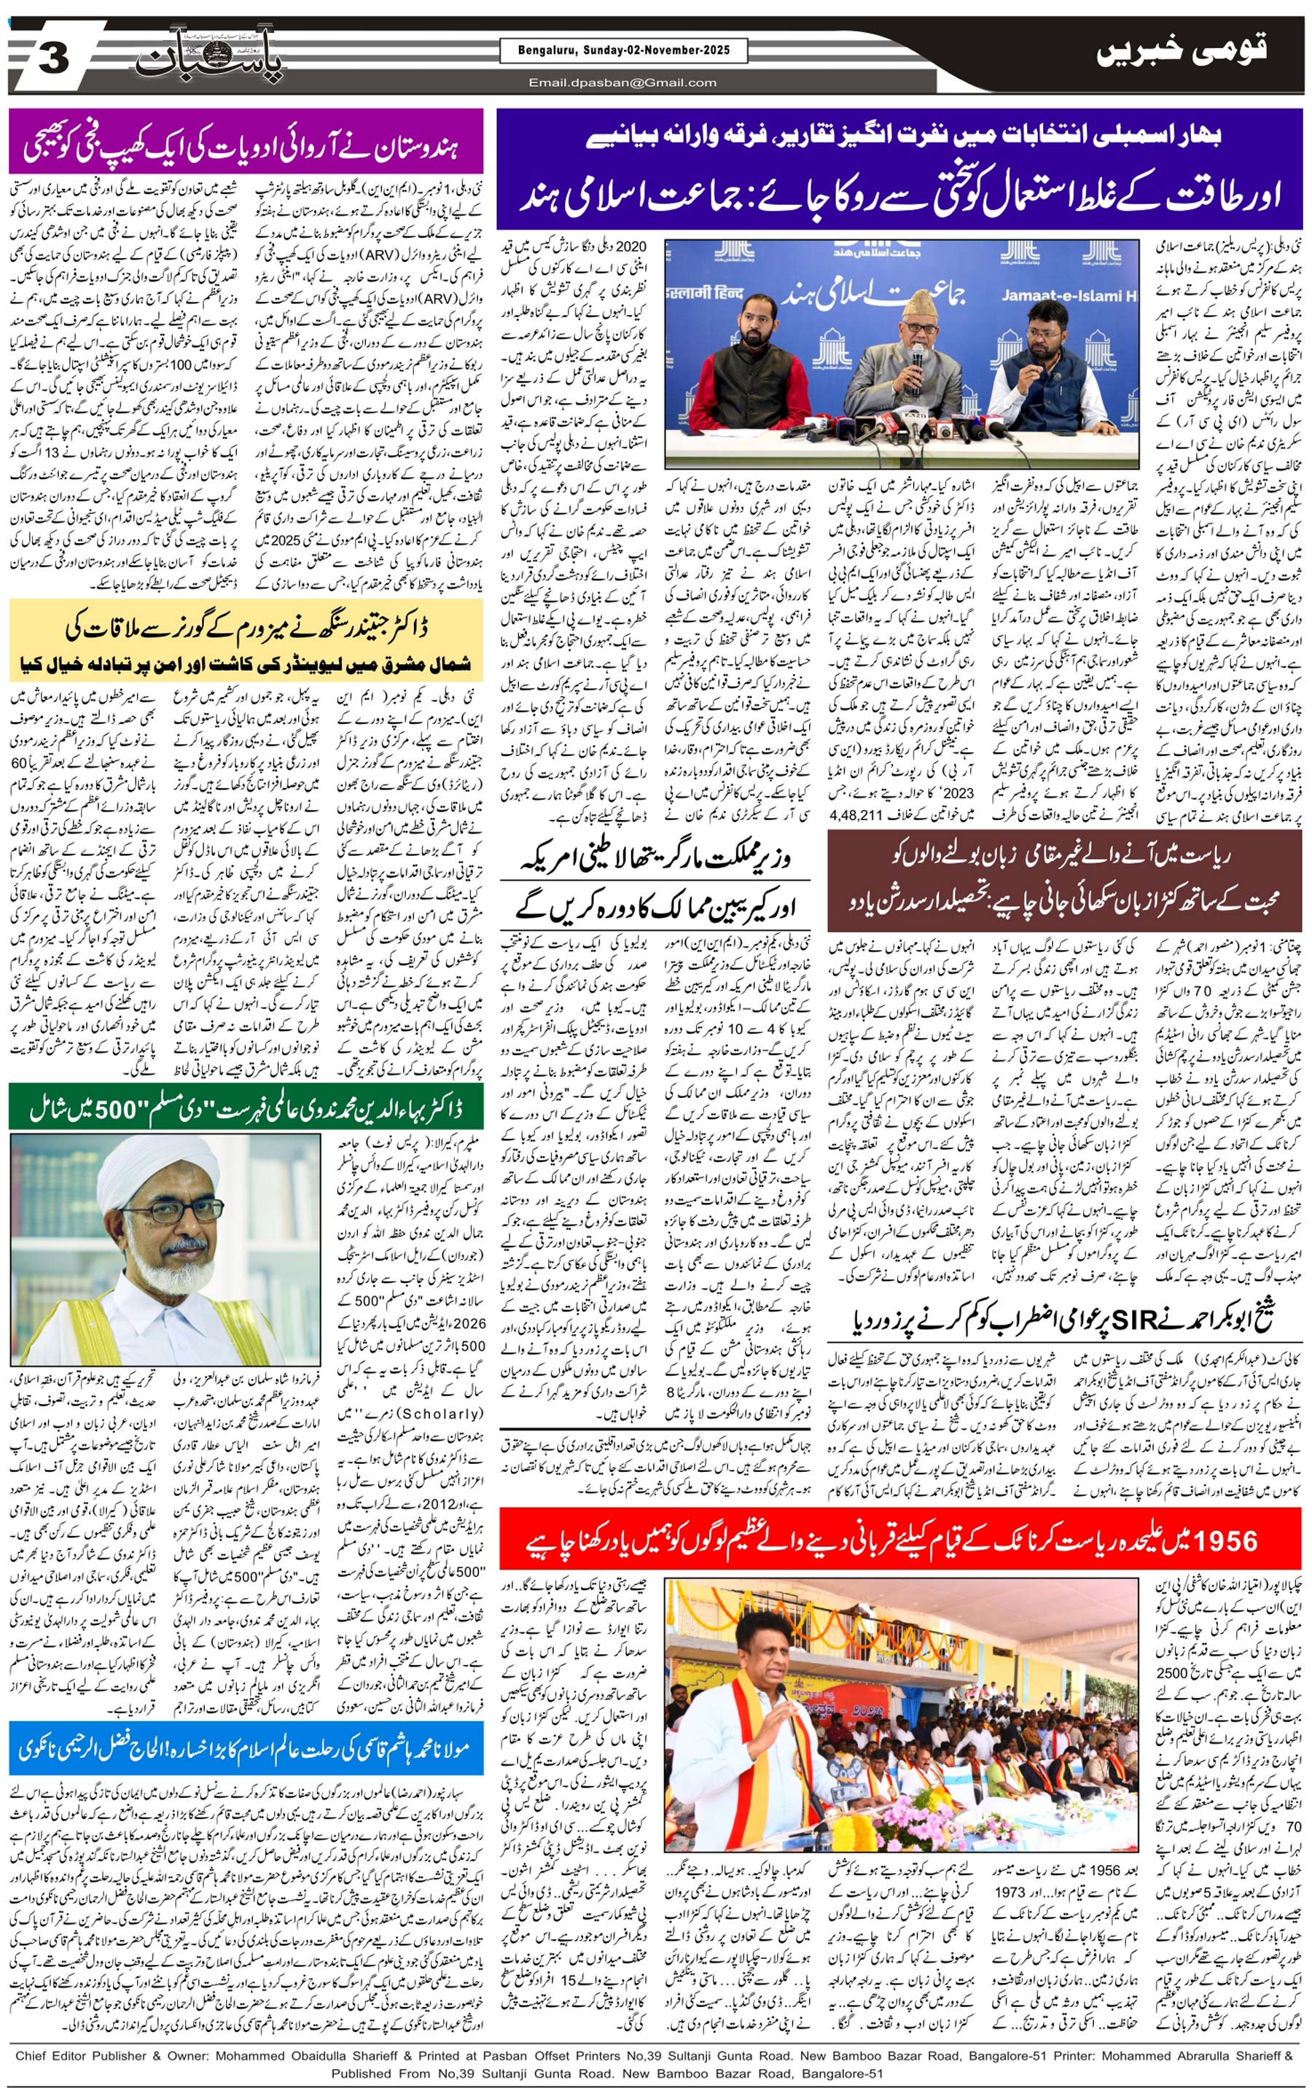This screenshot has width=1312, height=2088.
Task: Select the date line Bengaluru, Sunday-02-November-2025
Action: coord(623,51)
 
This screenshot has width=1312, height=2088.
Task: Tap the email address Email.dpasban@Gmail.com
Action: coord(623,83)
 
